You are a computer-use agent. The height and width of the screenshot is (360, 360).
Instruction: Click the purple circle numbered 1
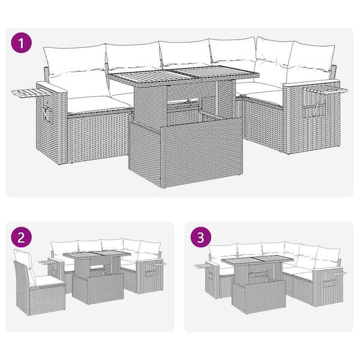coord(21,43)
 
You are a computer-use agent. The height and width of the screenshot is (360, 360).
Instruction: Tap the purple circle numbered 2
coord(21,237)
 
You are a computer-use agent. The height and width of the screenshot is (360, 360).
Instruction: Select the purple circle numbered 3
coord(200,237)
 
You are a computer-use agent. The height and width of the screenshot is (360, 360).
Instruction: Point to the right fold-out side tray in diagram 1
coord(326,90)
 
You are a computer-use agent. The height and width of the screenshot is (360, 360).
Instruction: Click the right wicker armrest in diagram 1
coord(311,117)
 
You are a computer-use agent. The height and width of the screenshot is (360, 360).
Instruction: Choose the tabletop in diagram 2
coord(97,254)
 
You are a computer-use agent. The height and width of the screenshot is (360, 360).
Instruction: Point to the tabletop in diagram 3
coord(257,260)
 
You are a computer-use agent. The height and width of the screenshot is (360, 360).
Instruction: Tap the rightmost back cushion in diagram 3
coord(328,254)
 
